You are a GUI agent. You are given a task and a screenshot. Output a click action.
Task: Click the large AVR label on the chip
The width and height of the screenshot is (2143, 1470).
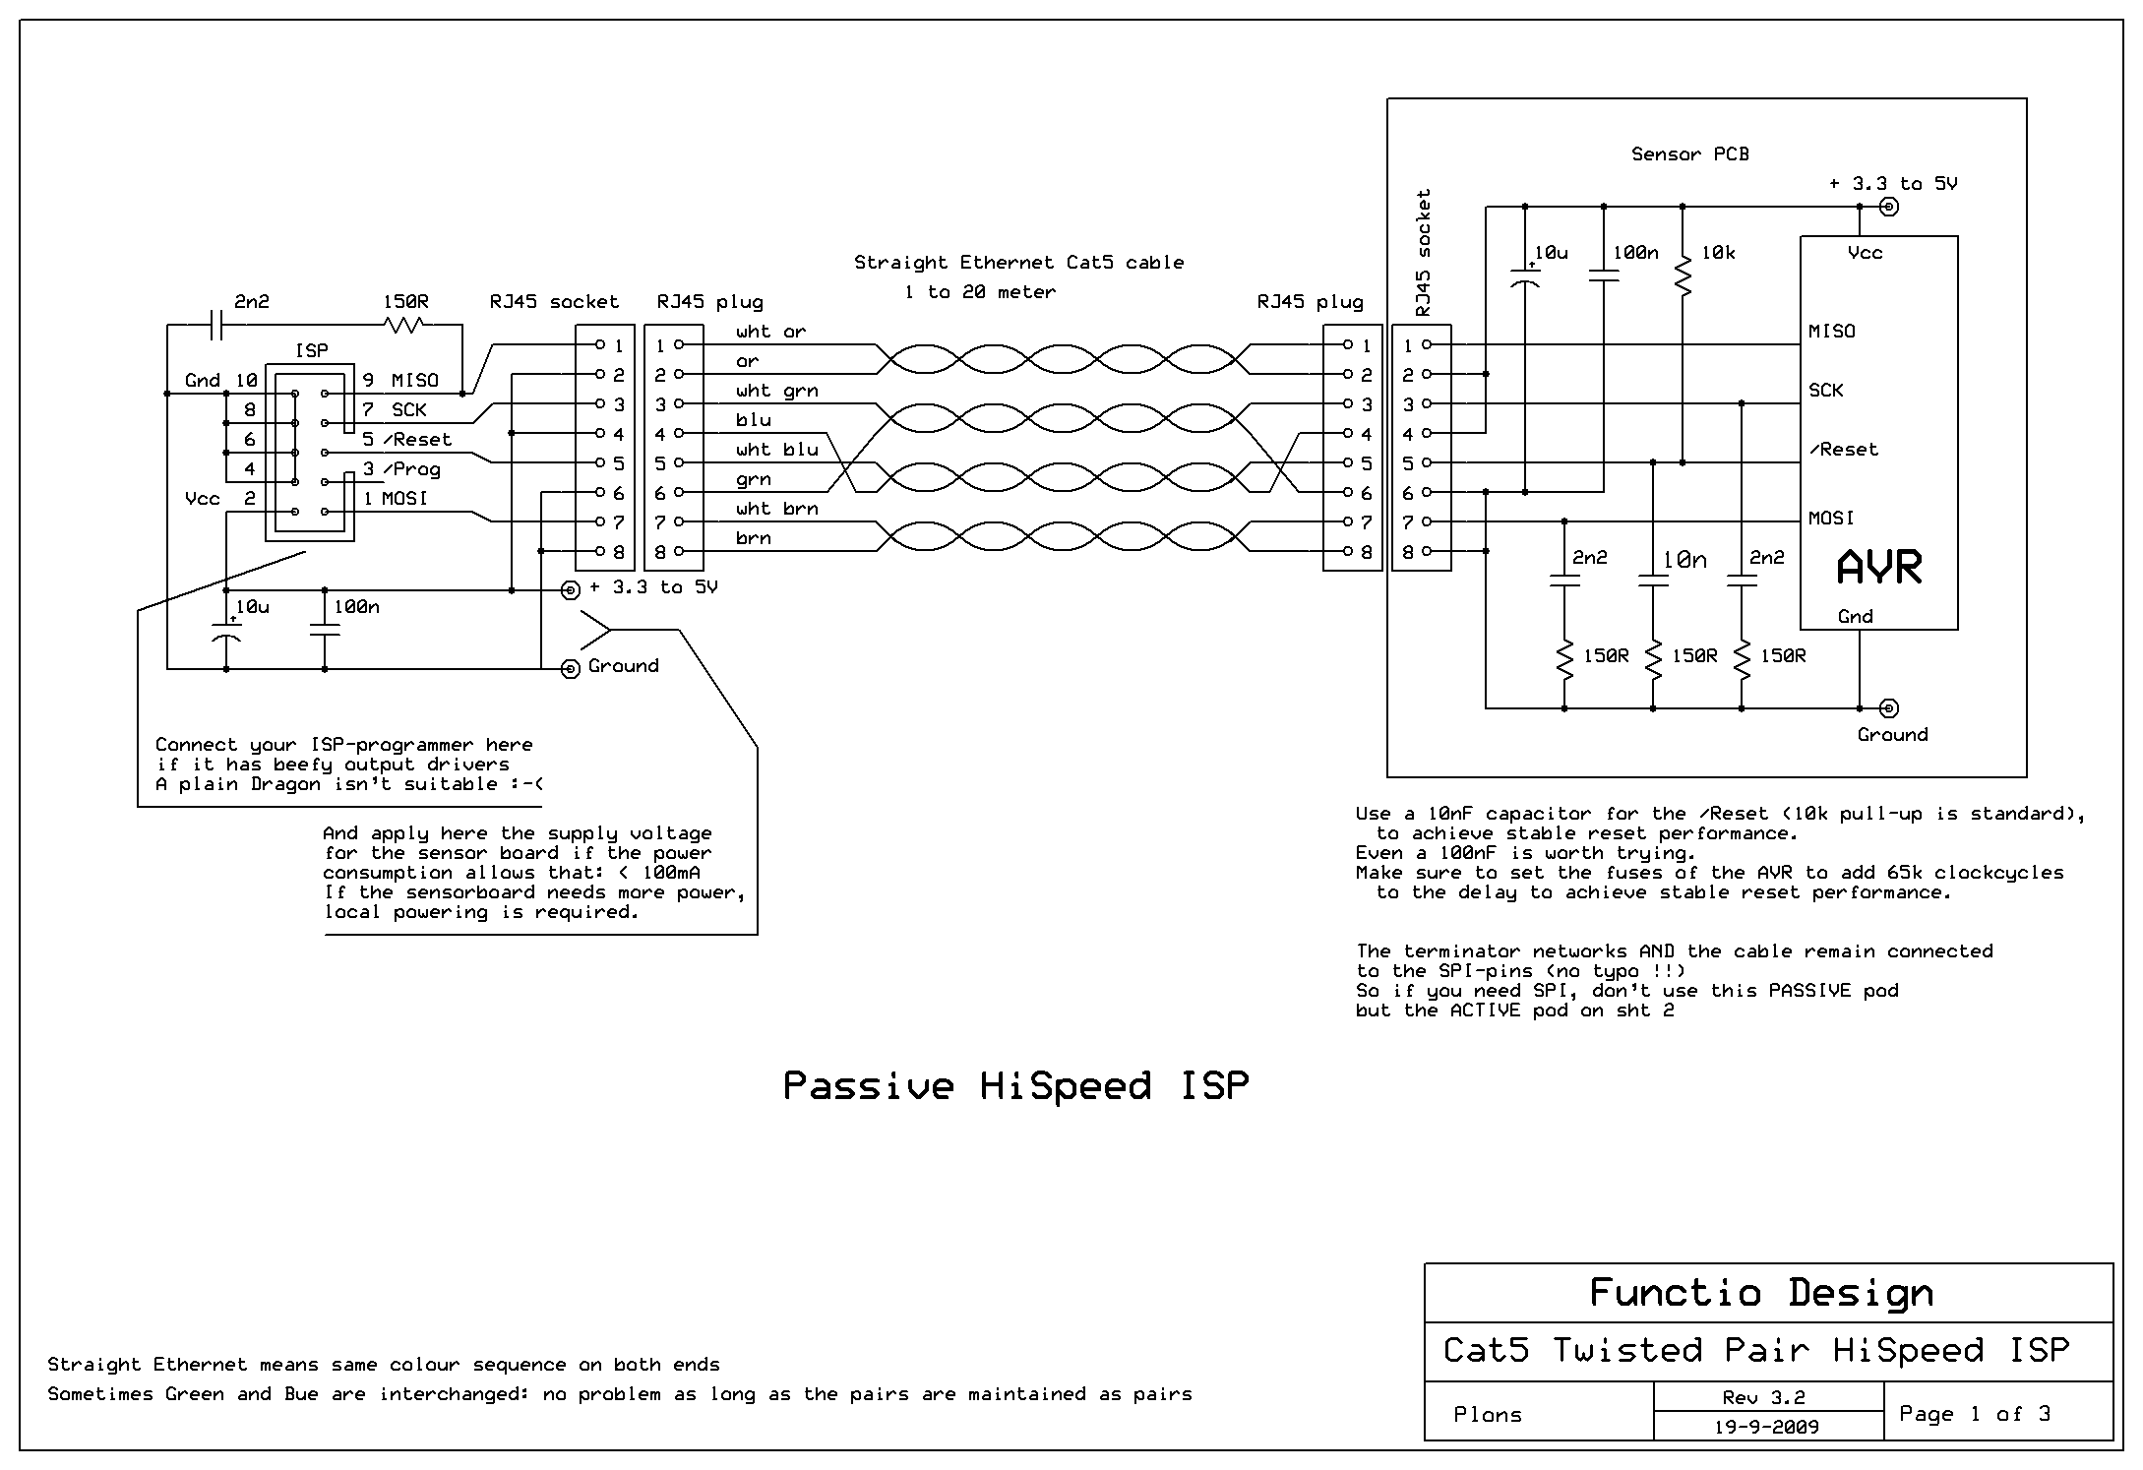click(x=1879, y=568)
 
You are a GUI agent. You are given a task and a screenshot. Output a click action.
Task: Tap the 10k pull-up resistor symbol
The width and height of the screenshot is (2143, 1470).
click(x=1683, y=275)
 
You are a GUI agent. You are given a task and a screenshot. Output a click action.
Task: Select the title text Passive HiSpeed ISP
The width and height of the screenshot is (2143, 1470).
click(x=1015, y=1086)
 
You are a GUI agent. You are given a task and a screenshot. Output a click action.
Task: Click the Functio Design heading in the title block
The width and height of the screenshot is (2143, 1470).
click(x=1761, y=1293)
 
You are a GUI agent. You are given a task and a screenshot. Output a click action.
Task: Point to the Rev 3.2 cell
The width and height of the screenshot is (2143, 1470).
click(x=1769, y=1397)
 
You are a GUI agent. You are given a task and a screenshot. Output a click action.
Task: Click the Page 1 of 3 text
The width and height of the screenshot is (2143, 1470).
click(x=1975, y=1414)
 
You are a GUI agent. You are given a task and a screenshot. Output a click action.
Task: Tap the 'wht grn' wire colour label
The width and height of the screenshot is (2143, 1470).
click(x=776, y=391)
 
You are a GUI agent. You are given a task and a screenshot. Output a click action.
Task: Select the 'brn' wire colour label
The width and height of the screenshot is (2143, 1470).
click(x=753, y=538)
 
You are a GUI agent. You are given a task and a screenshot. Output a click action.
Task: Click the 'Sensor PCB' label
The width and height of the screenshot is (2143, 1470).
click(x=1689, y=154)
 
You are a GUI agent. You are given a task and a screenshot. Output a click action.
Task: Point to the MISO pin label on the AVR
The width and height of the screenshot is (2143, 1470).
click(x=1831, y=332)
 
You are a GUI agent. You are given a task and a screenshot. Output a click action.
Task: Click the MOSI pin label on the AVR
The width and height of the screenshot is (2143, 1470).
click(x=1830, y=519)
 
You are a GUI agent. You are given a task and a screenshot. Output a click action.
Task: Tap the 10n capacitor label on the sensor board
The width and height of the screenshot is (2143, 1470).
click(x=1684, y=560)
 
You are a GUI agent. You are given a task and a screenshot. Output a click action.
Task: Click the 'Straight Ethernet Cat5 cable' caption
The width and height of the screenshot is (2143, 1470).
click(x=1018, y=263)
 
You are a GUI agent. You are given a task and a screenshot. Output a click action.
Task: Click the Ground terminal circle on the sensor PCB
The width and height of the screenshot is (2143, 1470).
click(x=1888, y=708)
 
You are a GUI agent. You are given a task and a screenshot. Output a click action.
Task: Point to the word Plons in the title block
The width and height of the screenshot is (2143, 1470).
click(x=1487, y=1415)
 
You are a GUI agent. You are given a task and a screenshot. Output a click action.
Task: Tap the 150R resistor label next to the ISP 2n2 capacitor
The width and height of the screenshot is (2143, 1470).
click(x=405, y=302)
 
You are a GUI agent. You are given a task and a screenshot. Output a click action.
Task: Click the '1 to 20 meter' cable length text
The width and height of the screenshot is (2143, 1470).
click(x=980, y=292)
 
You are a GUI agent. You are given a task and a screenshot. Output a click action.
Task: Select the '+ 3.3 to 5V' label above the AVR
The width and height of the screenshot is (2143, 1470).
click(x=1892, y=184)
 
